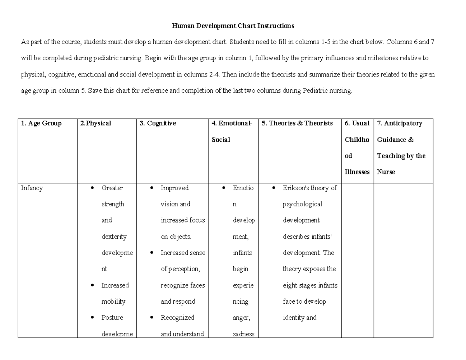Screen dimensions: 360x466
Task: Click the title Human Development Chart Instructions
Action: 233,26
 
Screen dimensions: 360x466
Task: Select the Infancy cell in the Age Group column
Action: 32,188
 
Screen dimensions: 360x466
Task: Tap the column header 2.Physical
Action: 96,123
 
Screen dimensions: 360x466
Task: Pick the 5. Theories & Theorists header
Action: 297,123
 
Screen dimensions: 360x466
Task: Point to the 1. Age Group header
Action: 41,123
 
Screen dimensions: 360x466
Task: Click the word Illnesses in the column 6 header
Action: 357,172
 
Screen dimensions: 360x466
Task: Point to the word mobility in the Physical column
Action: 113,301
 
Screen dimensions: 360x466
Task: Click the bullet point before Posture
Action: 92,318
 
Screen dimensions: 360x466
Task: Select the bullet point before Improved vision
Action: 152,188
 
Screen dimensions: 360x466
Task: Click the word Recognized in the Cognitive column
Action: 177,318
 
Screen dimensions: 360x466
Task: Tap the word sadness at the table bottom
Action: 243,334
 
